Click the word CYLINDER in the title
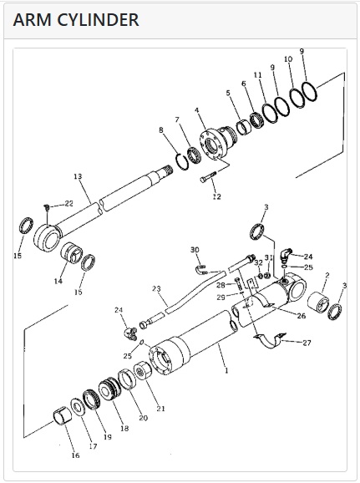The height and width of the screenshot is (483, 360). [99, 20]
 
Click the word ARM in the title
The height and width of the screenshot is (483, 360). [33, 20]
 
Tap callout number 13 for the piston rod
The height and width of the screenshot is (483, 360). [78, 176]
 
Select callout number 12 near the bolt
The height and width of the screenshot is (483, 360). [217, 196]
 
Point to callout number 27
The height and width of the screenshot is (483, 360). [307, 343]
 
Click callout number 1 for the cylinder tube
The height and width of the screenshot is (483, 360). [226, 370]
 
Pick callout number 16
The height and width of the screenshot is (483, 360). [75, 455]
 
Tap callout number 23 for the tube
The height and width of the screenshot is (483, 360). [156, 289]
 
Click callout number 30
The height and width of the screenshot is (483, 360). [195, 250]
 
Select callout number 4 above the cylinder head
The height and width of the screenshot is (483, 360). [197, 110]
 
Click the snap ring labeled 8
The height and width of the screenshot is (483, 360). [182, 161]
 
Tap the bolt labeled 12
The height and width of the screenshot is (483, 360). [208, 177]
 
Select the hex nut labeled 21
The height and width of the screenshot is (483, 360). [142, 370]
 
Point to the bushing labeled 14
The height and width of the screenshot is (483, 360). [71, 253]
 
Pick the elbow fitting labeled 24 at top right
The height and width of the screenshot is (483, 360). [286, 254]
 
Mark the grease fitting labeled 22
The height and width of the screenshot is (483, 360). [47, 207]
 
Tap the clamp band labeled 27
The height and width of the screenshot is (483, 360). [271, 341]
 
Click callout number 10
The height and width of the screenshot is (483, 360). [288, 59]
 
